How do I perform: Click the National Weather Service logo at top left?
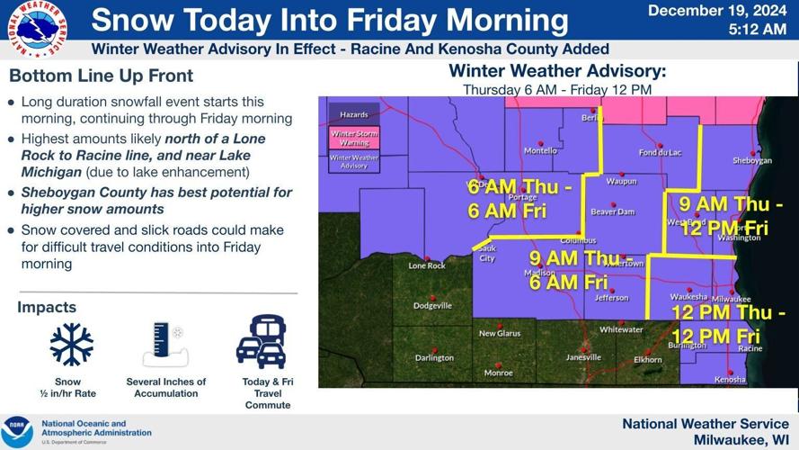pos(36,29)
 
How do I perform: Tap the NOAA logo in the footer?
pos(18,430)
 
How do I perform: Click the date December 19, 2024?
pos(717,11)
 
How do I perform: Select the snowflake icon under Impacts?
pos(72,344)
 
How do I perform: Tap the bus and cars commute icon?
pos(262,342)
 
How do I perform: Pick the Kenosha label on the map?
pos(730,380)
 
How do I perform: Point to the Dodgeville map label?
pos(432,306)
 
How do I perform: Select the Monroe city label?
pos(499,373)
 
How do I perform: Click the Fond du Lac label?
pos(661,153)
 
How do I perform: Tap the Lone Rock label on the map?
pos(427,266)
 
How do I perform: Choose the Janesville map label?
pos(583,357)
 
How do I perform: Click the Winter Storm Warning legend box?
pos(354,138)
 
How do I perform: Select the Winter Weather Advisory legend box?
pos(354,162)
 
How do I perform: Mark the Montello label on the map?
pos(541,151)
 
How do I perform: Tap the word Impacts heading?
pos(47,308)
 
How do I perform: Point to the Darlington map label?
pos(434,358)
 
